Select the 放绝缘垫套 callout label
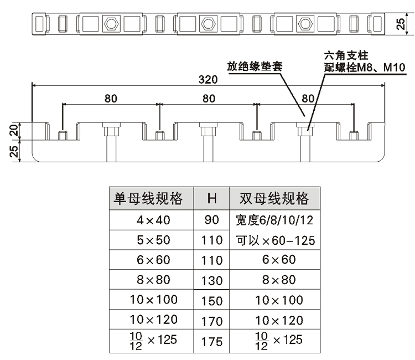pyautogui.click(x=256, y=67)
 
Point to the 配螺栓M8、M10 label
pyautogui.click(x=365, y=68)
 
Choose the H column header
pyautogui.click(x=211, y=198)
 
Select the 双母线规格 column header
pyautogui.click(x=274, y=198)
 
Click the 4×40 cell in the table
pyautogui.click(x=152, y=220)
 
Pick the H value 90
pyautogui.click(x=211, y=220)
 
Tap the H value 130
pyautogui.click(x=211, y=280)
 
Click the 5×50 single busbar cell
pyautogui.click(x=152, y=240)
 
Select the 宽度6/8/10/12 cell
pyautogui.click(x=274, y=220)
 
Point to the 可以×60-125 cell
pyautogui.click(x=274, y=240)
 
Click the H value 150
pyautogui.click(x=211, y=300)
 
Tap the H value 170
pyautogui.click(x=211, y=320)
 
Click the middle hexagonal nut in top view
pyautogui.click(x=208, y=23)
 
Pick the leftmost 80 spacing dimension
pyautogui.click(x=111, y=99)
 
